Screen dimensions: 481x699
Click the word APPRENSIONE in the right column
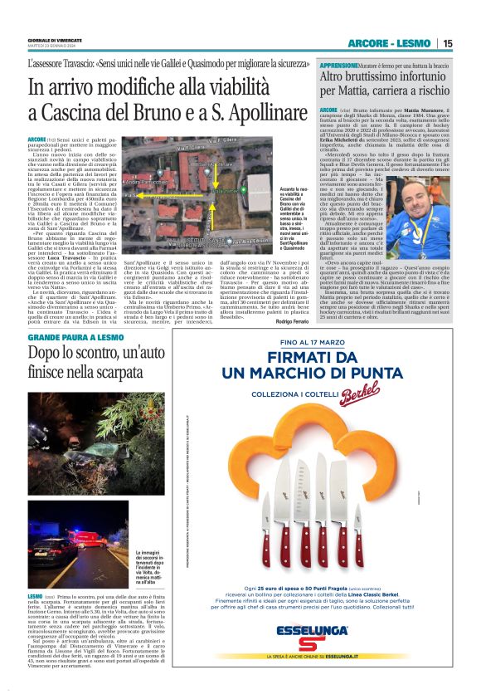338,64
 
